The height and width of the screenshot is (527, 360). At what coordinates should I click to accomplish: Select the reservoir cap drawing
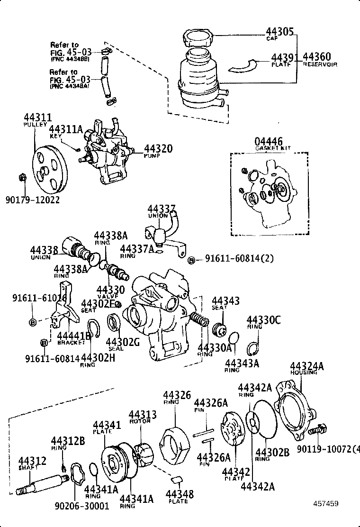[x=198, y=36]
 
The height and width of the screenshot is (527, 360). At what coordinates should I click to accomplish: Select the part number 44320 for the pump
[x=158, y=148]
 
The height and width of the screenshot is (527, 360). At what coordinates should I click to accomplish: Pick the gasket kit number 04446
[x=268, y=141]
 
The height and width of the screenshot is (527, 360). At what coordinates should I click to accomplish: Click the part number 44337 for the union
[x=161, y=209]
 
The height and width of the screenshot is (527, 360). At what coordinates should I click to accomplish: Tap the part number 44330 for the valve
[x=110, y=290]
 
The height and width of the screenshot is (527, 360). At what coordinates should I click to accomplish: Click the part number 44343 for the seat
[x=225, y=301]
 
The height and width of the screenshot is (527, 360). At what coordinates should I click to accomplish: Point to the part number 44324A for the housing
[x=307, y=366]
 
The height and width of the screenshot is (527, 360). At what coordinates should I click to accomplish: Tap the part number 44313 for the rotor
[x=142, y=414]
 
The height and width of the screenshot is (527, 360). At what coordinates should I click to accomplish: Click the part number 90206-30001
[x=82, y=506]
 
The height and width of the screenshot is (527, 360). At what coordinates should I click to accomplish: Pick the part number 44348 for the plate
[x=180, y=494]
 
